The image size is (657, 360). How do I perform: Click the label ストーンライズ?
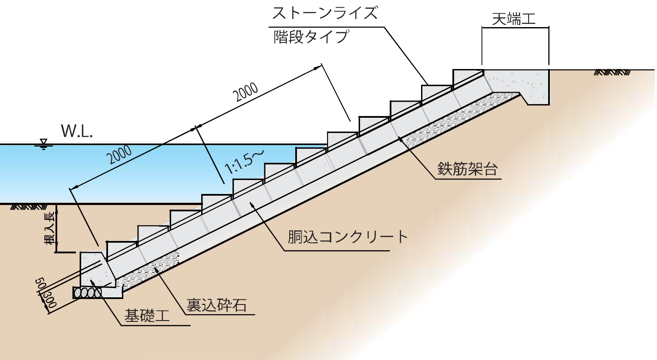pyautogui.click(x=324, y=13)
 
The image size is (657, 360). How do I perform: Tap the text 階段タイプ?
pyautogui.click(x=311, y=37)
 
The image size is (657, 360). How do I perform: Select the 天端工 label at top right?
pyautogui.click(x=514, y=19)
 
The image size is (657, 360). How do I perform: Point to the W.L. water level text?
pyautogui.click(x=77, y=131)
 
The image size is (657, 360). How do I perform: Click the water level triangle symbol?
pyautogui.click(x=42, y=143)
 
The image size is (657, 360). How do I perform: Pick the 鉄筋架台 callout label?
pyautogui.click(x=467, y=169)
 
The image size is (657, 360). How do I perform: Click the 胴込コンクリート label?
pyautogui.click(x=347, y=237)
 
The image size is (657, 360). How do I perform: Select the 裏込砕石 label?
pyautogui.click(x=216, y=305)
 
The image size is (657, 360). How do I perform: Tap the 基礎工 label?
pyautogui.click(x=147, y=316)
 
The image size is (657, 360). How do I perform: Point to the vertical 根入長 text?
pyautogui.click(x=50, y=228)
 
